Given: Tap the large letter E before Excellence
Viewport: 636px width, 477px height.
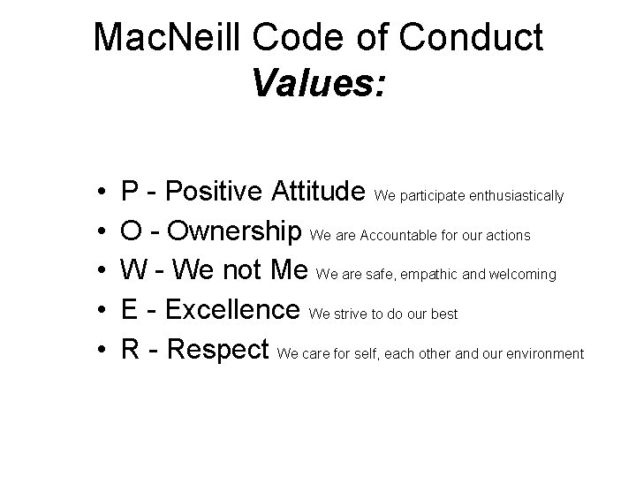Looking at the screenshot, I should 130,311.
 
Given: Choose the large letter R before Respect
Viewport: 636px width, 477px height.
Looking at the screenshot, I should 131,352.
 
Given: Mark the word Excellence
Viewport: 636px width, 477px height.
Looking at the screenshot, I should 233,311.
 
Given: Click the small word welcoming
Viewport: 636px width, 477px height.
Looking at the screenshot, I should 521,275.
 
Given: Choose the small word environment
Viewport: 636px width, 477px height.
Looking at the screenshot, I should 546,354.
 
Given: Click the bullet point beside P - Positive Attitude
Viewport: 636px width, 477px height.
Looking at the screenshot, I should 102,192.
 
